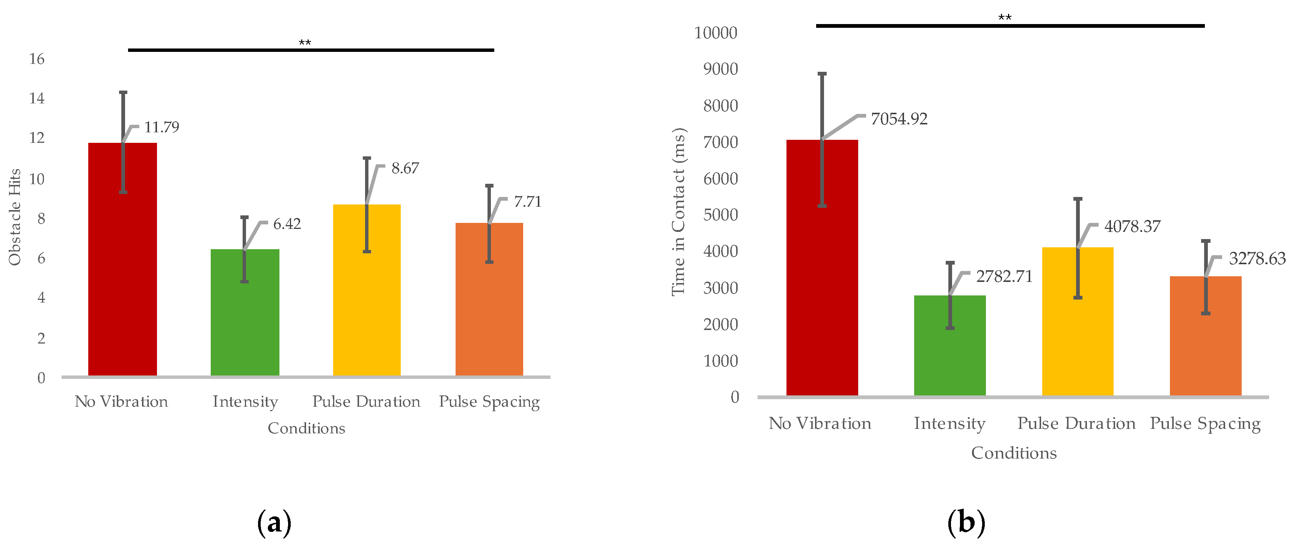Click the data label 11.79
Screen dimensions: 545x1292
161,127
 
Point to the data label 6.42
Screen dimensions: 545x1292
287,224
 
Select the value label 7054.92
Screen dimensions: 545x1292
899,119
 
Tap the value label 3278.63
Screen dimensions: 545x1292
1257,259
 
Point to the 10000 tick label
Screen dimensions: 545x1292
715,33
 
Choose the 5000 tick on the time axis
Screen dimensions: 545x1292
720,215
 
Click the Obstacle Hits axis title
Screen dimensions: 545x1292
15,217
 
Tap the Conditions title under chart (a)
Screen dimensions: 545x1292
306,428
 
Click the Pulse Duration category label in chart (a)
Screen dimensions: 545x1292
366,401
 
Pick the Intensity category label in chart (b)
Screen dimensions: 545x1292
949,424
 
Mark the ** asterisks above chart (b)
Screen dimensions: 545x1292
1005,18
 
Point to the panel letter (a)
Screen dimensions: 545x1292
274,523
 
